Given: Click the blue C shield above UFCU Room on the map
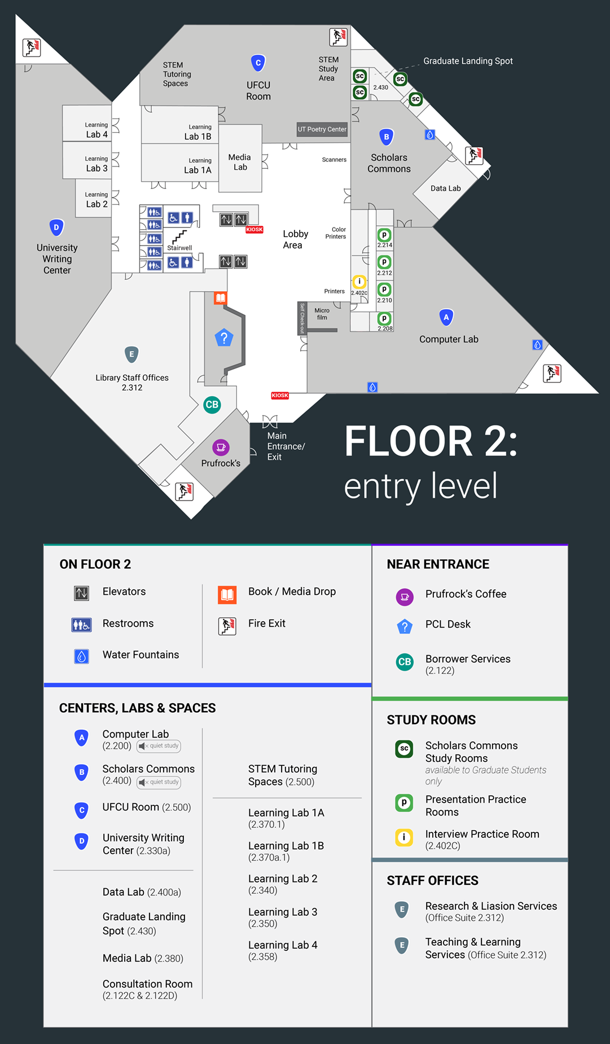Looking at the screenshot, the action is pyautogui.click(x=258, y=63).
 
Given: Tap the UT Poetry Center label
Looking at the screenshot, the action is pyautogui.click(x=322, y=129).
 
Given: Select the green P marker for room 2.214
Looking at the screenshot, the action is pyautogui.click(x=384, y=235).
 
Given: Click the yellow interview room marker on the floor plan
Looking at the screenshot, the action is pyautogui.click(x=359, y=282).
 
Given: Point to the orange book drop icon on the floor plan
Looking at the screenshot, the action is pyautogui.click(x=221, y=298).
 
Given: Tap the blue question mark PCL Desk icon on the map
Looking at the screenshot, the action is pyautogui.click(x=224, y=338).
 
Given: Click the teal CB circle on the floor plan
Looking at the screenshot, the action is pyautogui.click(x=212, y=405).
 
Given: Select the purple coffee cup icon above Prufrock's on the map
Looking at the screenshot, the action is pyautogui.click(x=221, y=448).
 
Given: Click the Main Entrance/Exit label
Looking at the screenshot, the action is pyautogui.click(x=286, y=446).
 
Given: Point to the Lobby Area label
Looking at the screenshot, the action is pyautogui.click(x=295, y=239).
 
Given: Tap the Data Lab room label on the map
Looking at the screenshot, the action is pyautogui.click(x=446, y=188).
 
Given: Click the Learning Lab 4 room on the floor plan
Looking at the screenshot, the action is pyautogui.click(x=87, y=123).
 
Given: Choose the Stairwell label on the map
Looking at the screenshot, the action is pyautogui.click(x=179, y=248).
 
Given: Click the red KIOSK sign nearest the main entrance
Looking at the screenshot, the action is pyautogui.click(x=280, y=396).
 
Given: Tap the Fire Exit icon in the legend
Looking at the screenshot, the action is pyautogui.click(x=227, y=626).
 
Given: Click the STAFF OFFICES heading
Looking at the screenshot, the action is pyautogui.click(x=433, y=880).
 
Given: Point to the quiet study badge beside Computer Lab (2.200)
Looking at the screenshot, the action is pyautogui.click(x=159, y=746).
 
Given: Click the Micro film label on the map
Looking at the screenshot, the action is pyautogui.click(x=322, y=314).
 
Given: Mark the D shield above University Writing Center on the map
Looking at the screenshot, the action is pyautogui.click(x=56, y=228).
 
